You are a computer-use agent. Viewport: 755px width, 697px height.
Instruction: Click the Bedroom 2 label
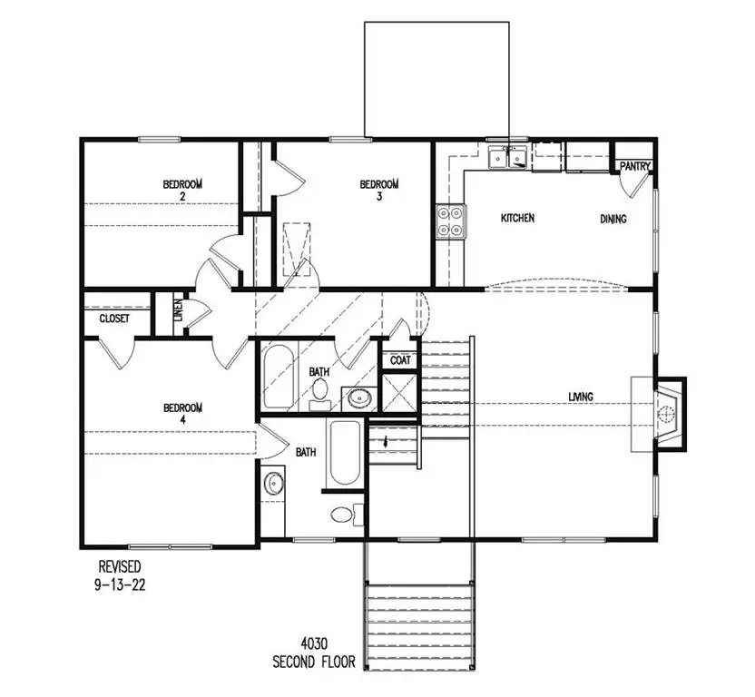coord(182,189)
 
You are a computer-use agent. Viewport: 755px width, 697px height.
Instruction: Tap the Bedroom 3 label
coord(379,189)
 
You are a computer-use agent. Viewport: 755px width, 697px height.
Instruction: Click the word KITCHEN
coord(518,219)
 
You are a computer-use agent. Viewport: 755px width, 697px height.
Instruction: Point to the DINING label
coord(613,219)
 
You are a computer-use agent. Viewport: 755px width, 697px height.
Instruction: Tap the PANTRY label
coord(635,166)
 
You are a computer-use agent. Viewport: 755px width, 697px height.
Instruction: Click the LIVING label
coord(581,397)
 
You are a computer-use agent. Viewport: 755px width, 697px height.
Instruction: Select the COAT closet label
coord(400,360)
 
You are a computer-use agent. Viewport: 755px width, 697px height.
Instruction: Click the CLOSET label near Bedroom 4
coord(113,319)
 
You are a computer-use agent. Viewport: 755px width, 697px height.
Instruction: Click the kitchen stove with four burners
coord(451,221)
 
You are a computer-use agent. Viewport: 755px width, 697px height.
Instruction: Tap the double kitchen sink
coord(508,159)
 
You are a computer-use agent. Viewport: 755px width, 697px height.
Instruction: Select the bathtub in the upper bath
coord(277,376)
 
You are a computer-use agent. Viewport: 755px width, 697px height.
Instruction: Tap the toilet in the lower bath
coord(342,515)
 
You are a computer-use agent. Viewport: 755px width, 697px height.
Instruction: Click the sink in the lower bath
coord(274,483)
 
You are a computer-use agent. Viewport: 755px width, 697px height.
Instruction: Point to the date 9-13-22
coord(120,585)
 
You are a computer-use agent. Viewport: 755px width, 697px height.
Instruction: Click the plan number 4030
coord(314,646)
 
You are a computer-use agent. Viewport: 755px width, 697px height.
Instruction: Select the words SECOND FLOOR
coord(314,662)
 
